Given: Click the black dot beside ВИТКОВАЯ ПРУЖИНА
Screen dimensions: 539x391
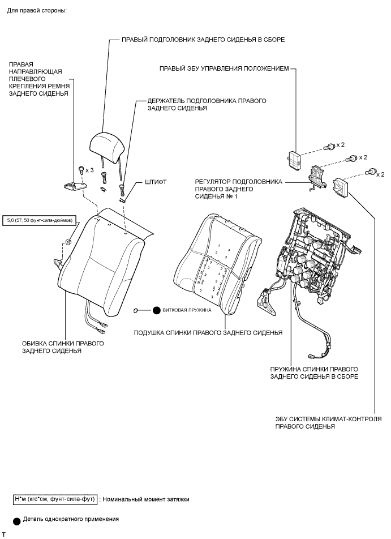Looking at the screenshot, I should coord(156,310).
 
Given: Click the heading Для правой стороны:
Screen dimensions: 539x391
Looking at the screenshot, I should coord(37,11).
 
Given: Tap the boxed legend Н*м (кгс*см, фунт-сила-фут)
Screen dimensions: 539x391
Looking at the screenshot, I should coord(54,499).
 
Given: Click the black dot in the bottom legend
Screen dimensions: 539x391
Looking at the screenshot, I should coord(17,520).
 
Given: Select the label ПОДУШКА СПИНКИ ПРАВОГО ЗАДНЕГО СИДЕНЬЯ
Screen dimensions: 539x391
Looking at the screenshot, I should coord(208,332).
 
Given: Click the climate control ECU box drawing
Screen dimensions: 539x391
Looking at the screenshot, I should coord(342,185).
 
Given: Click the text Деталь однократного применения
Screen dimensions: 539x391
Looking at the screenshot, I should coord(71,519).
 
